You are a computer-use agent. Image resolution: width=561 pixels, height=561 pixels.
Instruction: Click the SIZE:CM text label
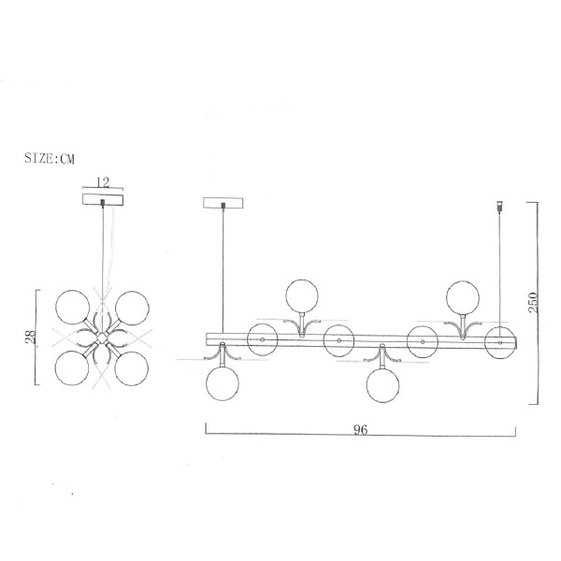click(x=50, y=158)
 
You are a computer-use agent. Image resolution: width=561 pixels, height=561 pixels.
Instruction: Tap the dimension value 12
click(x=103, y=182)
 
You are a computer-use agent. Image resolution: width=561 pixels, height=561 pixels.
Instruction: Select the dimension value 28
click(x=31, y=337)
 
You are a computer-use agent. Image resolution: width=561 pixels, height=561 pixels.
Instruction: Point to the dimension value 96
click(x=360, y=429)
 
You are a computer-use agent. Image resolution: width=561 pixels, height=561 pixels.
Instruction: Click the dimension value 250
click(x=533, y=302)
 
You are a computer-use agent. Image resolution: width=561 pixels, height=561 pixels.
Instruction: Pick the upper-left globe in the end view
click(x=73, y=308)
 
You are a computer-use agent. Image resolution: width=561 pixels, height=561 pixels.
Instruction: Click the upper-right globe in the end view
click(x=132, y=308)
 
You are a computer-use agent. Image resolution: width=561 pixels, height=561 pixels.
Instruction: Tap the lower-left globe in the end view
click(x=72, y=368)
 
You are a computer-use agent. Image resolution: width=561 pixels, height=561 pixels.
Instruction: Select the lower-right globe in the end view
click(x=132, y=368)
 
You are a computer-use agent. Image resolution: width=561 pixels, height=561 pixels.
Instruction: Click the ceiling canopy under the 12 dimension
click(x=103, y=200)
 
